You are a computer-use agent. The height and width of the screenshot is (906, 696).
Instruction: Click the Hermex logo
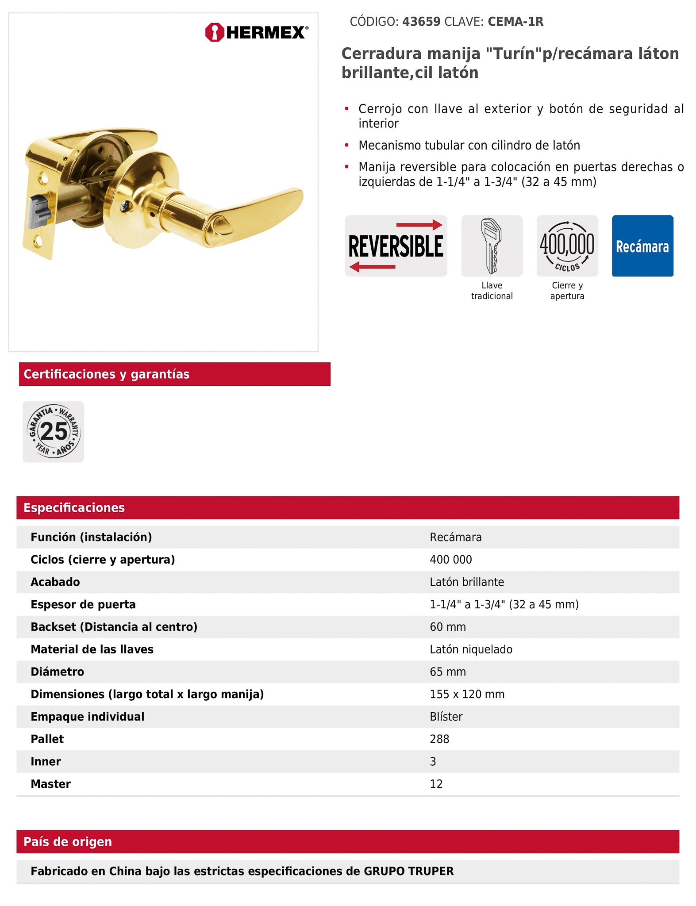pos(257,32)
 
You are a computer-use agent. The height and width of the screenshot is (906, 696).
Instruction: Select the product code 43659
pos(421,22)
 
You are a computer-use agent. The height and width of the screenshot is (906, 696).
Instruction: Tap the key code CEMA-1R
pos(515,22)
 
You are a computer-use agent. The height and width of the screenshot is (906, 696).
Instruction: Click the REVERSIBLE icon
pos(396,246)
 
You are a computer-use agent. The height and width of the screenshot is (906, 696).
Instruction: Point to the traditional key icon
pos(492,246)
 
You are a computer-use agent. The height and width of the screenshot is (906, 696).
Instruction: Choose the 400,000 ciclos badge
pos(567,246)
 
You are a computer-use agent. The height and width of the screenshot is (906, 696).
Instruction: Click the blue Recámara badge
pos(642,246)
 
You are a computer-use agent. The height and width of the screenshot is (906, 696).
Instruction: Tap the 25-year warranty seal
pos(54,432)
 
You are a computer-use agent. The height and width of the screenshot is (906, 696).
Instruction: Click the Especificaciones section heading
pos(74,508)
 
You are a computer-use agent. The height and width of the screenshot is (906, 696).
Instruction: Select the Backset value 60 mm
pos(448,627)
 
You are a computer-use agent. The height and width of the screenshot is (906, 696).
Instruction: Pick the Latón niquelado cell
pos(471,649)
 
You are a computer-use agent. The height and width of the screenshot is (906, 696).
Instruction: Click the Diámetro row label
pos(58,672)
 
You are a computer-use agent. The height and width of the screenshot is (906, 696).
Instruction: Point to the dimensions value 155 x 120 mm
pos(467,695)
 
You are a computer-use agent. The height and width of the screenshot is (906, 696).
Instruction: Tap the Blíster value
pos(446,717)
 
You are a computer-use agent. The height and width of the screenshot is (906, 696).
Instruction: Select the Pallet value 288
pos(439,739)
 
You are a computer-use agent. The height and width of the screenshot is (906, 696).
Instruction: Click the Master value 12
pos(436,784)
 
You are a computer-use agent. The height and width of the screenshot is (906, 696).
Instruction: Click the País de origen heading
pos(68,842)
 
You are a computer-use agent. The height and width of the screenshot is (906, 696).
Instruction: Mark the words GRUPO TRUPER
pos(408,871)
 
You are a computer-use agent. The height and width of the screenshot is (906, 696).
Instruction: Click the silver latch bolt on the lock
pos(39,211)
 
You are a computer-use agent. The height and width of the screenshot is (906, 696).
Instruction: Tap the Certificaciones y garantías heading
pos(107,374)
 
